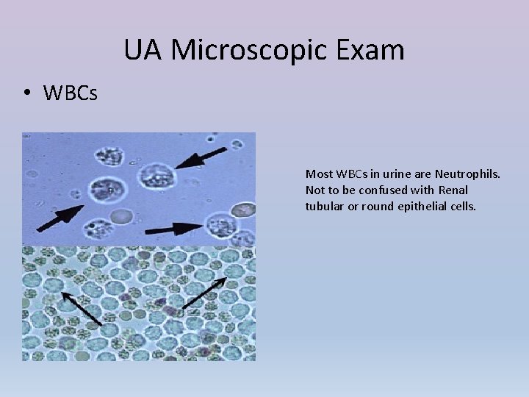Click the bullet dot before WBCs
(26, 94)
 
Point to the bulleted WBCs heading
(70, 94)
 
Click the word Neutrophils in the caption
(467, 174)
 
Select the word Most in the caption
(318, 174)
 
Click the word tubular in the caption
(322, 207)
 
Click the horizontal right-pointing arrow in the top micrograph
(179, 229)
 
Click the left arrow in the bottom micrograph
(81, 308)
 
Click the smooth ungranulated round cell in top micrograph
(122, 216)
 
